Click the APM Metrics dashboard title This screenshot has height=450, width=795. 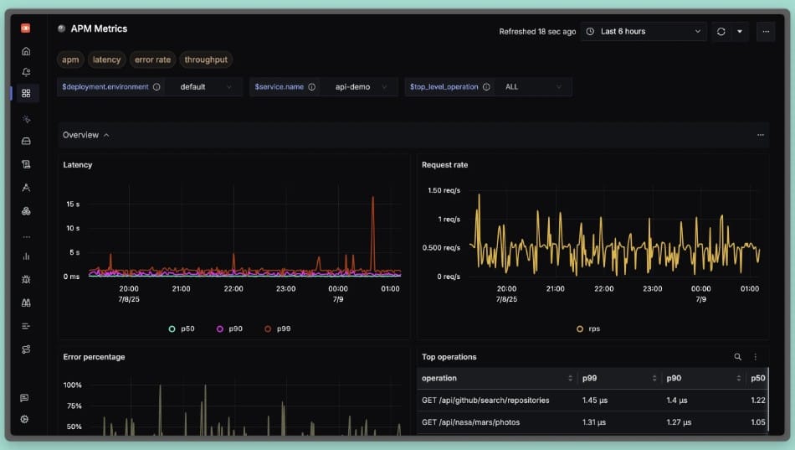click(99, 28)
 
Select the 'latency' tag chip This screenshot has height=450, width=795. click(107, 59)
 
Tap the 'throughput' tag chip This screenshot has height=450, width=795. click(206, 59)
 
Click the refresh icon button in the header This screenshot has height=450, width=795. click(721, 32)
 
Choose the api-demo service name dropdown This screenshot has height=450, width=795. click(358, 86)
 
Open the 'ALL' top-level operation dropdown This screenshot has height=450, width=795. click(532, 86)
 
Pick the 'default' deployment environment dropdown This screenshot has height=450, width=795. click(203, 86)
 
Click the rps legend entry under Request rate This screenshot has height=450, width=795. click(589, 329)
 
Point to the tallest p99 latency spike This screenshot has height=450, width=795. click(372, 199)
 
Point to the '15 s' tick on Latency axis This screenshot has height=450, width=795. click(73, 204)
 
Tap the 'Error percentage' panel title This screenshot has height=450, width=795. click(94, 357)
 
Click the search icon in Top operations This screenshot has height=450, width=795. click(737, 357)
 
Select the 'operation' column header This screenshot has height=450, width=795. click(439, 378)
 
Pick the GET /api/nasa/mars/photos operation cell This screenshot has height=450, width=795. click(470, 422)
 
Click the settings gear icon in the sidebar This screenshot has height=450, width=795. click(25, 419)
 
